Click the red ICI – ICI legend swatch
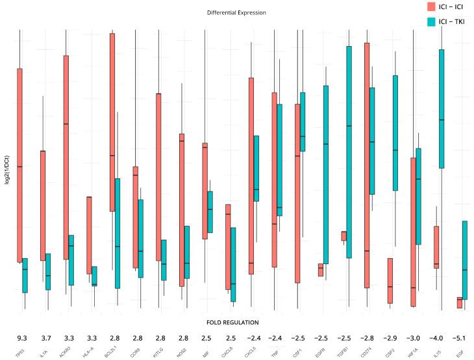point(430,6)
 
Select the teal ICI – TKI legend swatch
point(430,21)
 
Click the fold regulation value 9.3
point(21,338)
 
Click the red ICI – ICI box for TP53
point(19,165)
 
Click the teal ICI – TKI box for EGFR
point(325,174)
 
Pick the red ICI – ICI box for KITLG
point(158,177)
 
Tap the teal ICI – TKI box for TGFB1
point(349,152)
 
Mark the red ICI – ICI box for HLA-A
point(89,227)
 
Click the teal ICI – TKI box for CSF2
point(395,133)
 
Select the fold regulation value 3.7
point(45,338)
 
